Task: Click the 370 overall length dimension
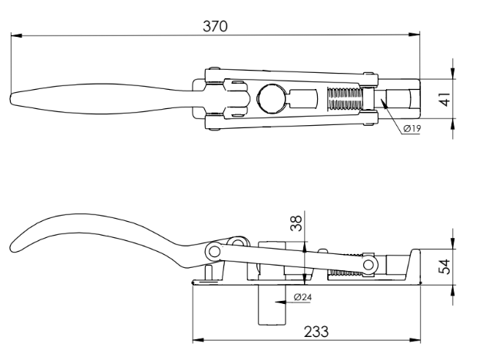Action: click(215, 25)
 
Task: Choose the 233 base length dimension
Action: click(316, 331)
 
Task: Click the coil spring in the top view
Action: click(342, 100)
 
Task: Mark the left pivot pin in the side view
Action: click(215, 251)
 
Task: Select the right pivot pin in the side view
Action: click(370, 263)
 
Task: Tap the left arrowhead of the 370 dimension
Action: click(15, 35)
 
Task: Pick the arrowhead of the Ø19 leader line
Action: click(382, 109)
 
